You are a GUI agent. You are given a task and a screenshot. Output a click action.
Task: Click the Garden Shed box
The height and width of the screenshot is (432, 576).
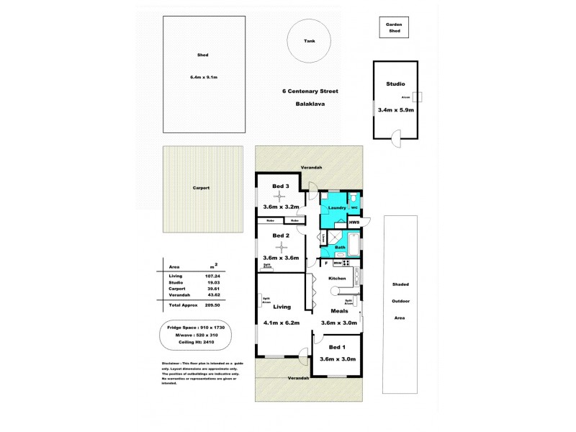coord(394,28)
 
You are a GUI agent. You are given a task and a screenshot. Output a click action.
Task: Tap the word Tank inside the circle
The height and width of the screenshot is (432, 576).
coord(310,41)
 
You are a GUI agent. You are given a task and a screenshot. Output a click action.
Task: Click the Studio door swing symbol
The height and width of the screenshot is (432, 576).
coord(394,133)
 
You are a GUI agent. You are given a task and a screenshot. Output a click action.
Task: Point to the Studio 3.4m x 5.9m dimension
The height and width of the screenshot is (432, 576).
coord(395,110)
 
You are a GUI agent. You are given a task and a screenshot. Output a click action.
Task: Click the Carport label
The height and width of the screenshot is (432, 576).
coord(201,188)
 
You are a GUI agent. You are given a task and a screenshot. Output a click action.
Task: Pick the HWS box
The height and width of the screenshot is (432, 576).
coord(354,223)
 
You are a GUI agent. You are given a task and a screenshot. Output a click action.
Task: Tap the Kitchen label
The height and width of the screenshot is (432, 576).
coord(338,278)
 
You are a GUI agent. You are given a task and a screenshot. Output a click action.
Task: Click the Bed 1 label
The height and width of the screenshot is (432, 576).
coord(337,347)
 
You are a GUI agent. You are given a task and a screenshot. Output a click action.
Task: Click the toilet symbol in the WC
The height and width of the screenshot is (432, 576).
coord(354,198)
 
